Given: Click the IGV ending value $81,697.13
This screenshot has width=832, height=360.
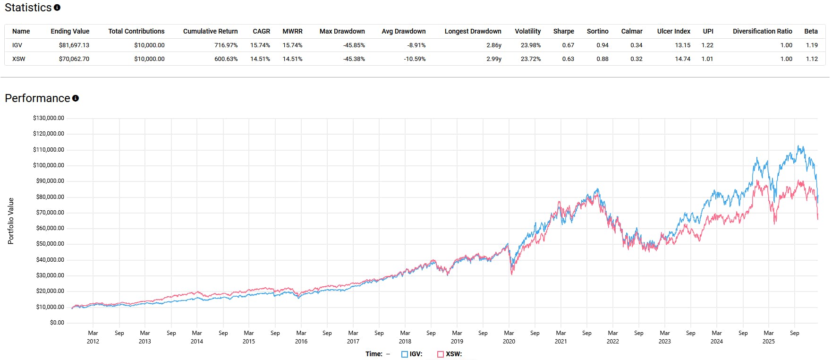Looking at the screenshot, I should (x=74, y=45).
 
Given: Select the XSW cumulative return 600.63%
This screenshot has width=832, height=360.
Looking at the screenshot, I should (x=226, y=59).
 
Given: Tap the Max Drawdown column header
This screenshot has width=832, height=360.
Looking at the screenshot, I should (x=342, y=31).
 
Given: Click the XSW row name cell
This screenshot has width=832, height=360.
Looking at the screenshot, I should (x=19, y=59).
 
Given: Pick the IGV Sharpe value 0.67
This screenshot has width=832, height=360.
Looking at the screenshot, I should (x=568, y=45).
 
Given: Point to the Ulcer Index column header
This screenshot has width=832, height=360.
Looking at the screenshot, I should (x=673, y=31).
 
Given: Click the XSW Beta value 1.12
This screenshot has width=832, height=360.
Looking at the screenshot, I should (x=812, y=59).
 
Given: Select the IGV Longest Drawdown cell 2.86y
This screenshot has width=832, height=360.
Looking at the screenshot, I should (x=493, y=45).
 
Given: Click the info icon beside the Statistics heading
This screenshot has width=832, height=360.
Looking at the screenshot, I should (x=57, y=8).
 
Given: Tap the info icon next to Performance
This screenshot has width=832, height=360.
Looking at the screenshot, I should (x=76, y=98).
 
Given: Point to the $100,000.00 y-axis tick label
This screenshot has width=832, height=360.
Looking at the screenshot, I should (x=49, y=165).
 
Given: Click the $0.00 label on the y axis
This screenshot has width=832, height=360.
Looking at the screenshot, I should (x=57, y=323).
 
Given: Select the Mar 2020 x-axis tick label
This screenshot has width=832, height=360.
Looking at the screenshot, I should (x=509, y=337).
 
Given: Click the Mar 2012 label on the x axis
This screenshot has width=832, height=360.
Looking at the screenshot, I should (x=93, y=337).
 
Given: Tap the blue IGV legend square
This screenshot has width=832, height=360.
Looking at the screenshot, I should (x=404, y=354).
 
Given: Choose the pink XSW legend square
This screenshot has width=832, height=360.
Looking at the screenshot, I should (x=441, y=354).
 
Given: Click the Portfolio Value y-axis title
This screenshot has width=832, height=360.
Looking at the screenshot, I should (x=11, y=221).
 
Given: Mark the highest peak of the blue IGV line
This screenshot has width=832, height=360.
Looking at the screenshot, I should (x=798, y=146).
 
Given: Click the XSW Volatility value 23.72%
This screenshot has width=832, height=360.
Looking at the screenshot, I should (x=530, y=59).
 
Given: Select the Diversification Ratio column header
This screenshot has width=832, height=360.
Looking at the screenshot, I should (x=762, y=31).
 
